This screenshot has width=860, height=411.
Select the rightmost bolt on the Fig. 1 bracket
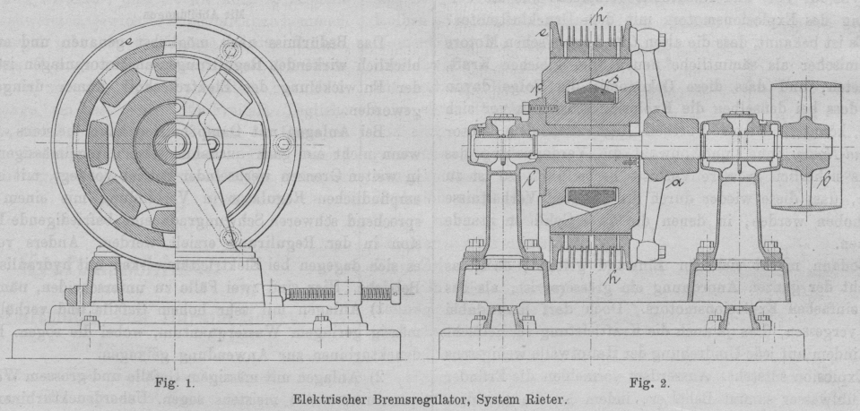tap(286, 144)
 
